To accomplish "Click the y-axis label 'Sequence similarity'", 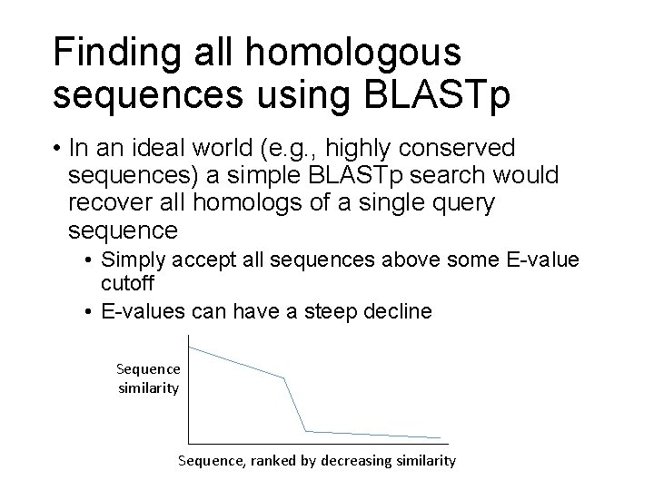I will [148, 378].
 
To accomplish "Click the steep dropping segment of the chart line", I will [295, 405].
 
